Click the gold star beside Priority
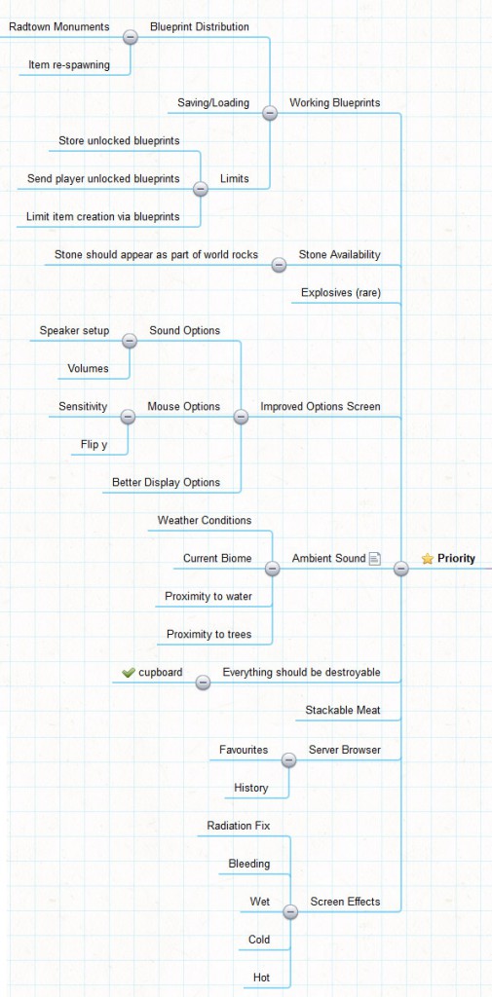pos(427,558)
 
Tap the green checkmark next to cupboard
pos(129,672)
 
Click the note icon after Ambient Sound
pos(375,558)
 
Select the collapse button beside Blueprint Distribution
pos(130,37)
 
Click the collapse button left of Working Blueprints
pos(270,113)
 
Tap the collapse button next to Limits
pos(201,189)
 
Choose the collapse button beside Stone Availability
pos(279,265)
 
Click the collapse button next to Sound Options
pos(130,341)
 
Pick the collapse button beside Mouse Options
pos(128,417)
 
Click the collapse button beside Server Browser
pos(289,759)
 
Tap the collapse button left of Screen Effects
pos(290,911)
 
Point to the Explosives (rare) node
pos(341,292)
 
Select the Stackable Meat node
pos(342,710)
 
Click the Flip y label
pos(94,444)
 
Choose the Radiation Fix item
pos(239,826)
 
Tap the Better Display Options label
pos(167,482)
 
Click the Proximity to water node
pos(208,597)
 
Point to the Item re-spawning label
pos(69,64)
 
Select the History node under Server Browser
pos(250,788)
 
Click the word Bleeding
pos(249,864)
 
